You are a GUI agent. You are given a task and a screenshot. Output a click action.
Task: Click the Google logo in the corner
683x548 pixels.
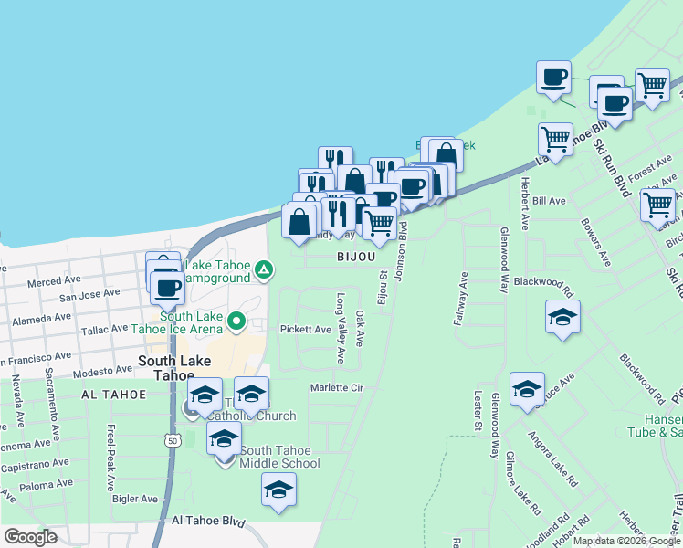coord(30,537)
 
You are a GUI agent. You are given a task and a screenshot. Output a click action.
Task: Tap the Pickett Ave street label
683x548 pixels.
coord(305,329)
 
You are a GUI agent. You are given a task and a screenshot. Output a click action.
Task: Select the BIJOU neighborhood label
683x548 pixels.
coord(355,258)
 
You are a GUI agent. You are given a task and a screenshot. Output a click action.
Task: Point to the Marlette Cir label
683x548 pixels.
coord(336,388)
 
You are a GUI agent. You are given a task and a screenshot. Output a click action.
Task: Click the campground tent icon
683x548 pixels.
coord(264,269)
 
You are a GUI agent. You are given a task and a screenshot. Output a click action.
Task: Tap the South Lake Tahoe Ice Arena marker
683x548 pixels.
coord(236,321)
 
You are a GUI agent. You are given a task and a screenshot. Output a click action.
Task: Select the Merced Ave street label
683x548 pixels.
coord(49,283)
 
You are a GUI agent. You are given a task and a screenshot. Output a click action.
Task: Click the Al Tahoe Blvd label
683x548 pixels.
coord(209,522)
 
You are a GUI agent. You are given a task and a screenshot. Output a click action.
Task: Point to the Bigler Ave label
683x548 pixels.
coord(135,499)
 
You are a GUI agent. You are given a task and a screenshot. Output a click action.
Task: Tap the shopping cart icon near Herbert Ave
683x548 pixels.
coord(555,138)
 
